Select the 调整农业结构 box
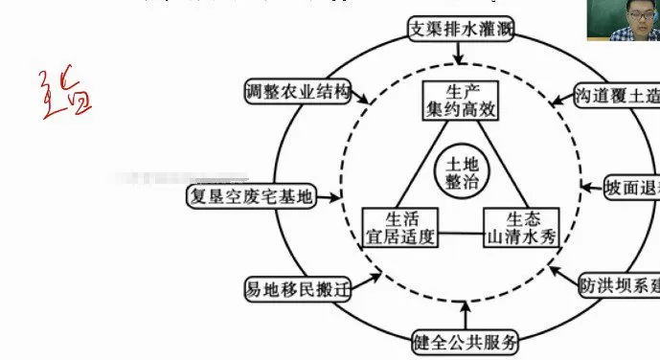(x=297, y=92)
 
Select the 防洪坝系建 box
(x=619, y=285)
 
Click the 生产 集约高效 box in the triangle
(x=463, y=101)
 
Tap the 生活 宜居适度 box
(x=399, y=226)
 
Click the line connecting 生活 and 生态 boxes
(x=460, y=231)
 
